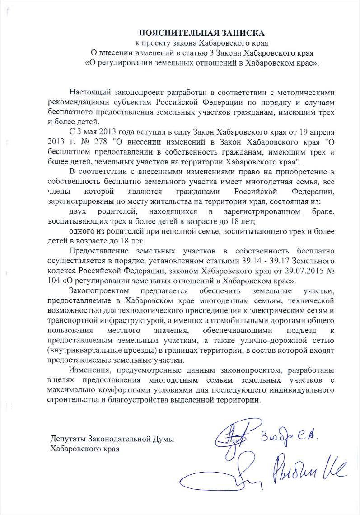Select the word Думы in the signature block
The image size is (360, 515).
(x=162, y=440)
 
